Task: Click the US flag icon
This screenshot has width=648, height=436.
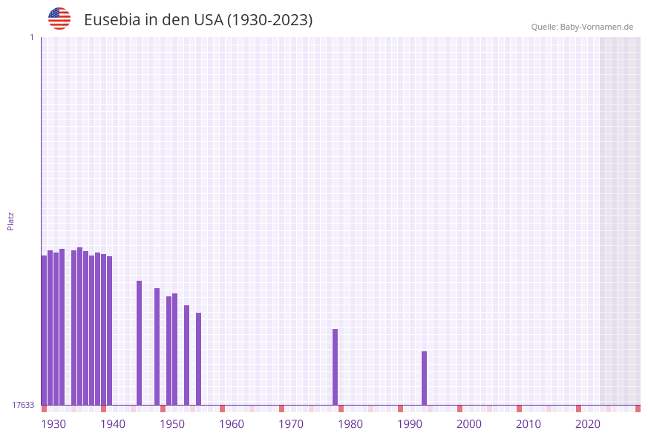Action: [59, 19]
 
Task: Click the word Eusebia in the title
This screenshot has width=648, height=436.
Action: [112, 20]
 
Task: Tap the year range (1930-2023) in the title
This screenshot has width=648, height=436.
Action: [269, 20]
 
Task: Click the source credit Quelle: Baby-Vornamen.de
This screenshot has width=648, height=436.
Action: [582, 27]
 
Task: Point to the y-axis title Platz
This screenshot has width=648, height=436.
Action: [11, 221]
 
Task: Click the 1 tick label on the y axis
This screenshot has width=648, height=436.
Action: [31, 37]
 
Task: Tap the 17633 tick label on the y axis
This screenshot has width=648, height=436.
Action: [23, 405]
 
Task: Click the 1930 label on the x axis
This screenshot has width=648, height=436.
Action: [53, 424]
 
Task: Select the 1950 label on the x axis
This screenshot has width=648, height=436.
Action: [172, 424]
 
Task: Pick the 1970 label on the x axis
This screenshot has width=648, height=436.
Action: [291, 424]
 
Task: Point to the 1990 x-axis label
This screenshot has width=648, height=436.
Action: [410, 424]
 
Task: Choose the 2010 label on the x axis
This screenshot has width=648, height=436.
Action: [528, 424]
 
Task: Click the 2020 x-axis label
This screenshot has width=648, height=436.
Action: [588, 424]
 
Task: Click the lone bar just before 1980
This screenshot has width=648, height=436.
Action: [335, 367]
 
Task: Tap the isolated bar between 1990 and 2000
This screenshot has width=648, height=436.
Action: [424, 378]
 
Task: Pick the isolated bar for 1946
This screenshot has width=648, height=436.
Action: [139, 342]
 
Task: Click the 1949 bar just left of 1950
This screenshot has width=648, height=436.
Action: [157, 346]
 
